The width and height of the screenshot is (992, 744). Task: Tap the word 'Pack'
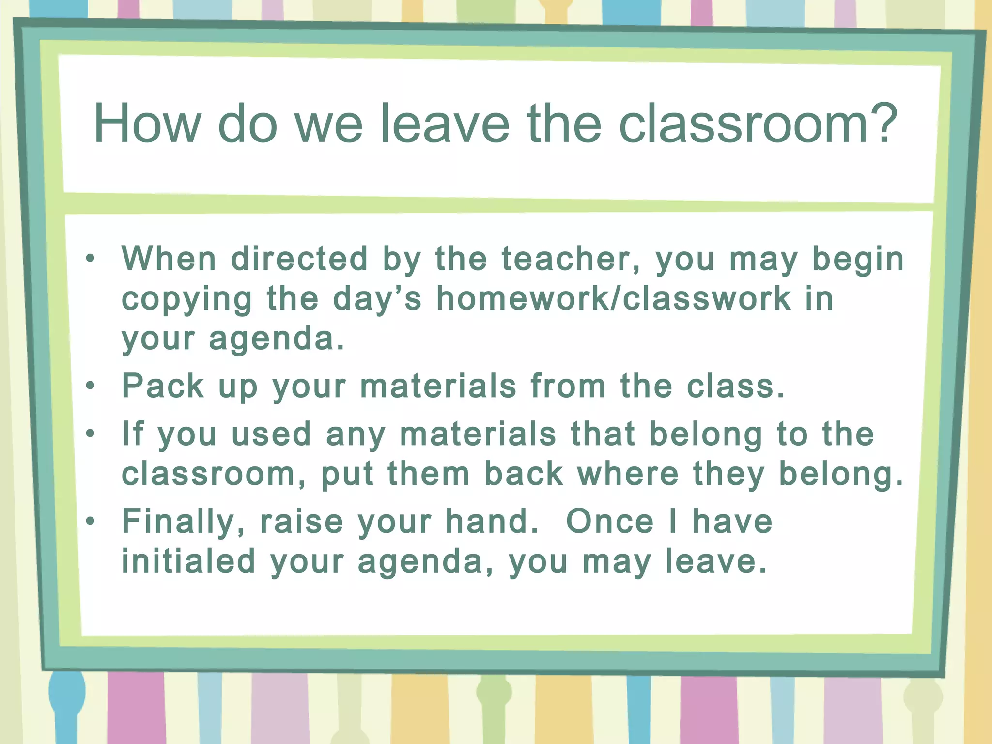(x=163, y=386)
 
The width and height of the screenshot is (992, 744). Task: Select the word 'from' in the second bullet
(x=568, y=386)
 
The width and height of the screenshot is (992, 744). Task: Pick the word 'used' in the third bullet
(x=271, y=434)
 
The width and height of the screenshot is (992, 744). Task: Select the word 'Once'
(x=610, y=522)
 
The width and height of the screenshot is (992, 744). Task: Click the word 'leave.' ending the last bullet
(x=716, y=561)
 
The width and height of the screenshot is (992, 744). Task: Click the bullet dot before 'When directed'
(x=90, y=258)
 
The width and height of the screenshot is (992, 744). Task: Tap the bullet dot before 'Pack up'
(x=90, y=386)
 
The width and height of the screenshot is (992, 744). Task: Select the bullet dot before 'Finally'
(x=90, y=521)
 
